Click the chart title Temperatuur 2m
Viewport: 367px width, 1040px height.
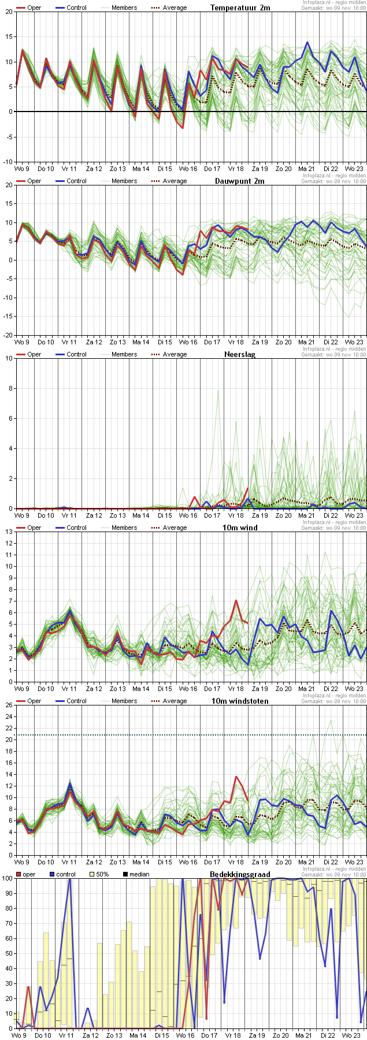(x=240, y=8)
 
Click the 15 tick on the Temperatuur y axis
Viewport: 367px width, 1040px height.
(x=8, y=37)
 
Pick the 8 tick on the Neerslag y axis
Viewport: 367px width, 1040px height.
(x=10, y=388)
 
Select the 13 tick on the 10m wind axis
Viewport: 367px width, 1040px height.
(x=8, y=543)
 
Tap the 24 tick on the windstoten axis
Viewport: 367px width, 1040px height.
(x=8, y=716)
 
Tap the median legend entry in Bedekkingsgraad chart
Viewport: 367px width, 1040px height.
(x=139, y=874)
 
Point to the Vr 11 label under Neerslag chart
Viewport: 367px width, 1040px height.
(x=69, y=515)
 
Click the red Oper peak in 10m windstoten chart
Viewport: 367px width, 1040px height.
(x=236, y=777)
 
